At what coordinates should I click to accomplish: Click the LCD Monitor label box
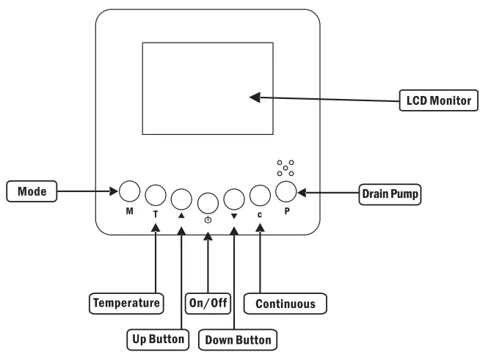coord(439,100)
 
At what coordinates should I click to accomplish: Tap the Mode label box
coord(32,191)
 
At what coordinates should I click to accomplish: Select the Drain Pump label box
coord(390,194)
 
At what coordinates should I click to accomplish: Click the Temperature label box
coord(126,303)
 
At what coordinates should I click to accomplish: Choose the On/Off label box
coord(208,303)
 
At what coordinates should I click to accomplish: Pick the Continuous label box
coord(285,304)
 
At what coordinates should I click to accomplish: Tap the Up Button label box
coord(158,339)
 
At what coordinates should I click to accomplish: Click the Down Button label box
coord(238,339)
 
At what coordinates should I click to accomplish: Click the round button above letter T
coord(156,195)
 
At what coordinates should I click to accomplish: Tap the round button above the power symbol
coord(208,203)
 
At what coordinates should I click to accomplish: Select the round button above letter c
coord(260,196)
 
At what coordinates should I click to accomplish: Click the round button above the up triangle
coord(181,199)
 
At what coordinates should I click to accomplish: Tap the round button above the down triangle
coord(234,199)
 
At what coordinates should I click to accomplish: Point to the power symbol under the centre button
coord(208,220)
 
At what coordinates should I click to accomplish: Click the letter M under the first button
coord(130,211)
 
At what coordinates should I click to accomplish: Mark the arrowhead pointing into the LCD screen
coord(255,98)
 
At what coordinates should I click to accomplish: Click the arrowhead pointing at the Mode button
coord(114,191)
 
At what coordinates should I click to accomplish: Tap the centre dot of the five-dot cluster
coord(285,168)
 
